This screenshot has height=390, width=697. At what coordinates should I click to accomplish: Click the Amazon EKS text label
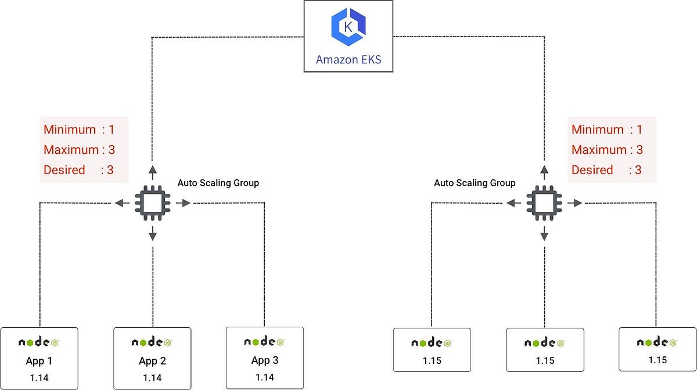click(348, 60)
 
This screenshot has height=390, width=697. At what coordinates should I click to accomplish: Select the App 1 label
click(39, 361)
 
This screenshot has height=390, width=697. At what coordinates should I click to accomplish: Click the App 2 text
click(152, 361)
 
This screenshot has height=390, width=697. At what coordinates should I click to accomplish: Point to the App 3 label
click(265, 360)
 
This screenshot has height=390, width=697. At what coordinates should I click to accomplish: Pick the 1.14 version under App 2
click(152, 378)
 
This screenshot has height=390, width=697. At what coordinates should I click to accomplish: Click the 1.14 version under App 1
click(39, 378)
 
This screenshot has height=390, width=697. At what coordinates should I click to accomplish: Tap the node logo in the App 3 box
click(264, 342)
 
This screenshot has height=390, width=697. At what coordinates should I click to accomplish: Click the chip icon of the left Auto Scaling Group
click(152, 203)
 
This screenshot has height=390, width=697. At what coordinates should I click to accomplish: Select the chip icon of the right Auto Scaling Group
click(544, 203)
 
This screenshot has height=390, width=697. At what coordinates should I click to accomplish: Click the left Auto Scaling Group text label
click(218, 183)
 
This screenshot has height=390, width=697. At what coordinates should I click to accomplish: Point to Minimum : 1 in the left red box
click(79, 130)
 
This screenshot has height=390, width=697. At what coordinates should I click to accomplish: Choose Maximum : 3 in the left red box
click(79, 150)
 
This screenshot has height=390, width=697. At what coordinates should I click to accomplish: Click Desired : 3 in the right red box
click(606, 170)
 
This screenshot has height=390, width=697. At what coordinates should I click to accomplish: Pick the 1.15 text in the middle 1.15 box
click(545, 360)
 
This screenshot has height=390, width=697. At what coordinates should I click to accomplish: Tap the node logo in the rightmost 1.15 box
click(658, 342)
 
